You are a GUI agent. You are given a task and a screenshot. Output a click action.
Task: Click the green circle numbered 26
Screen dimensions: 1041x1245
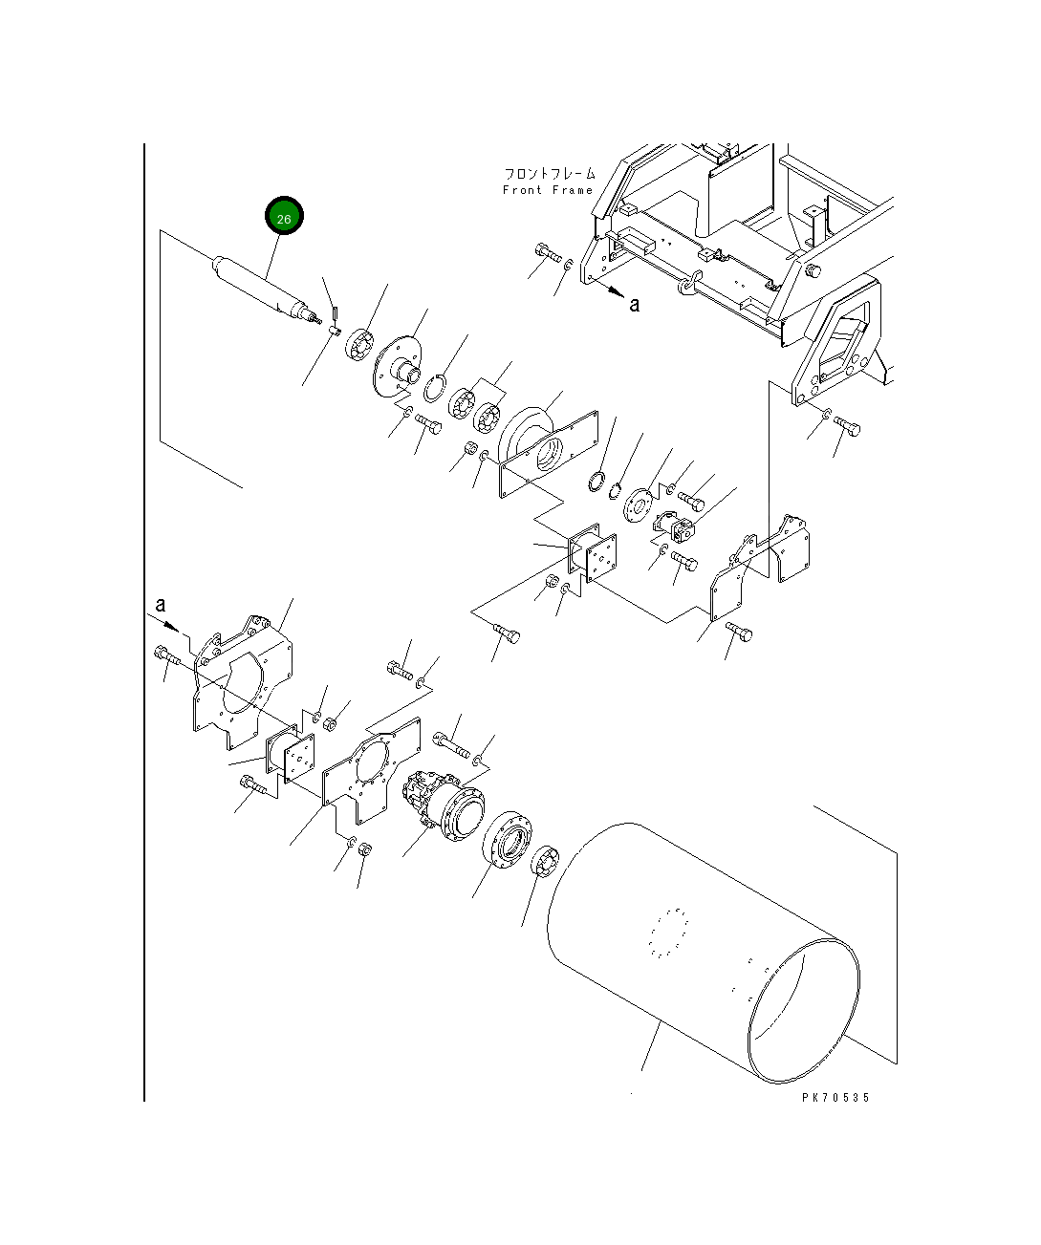click(x=284, y=215)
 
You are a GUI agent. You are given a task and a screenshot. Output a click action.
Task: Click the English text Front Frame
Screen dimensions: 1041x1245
click(x=548, y=190)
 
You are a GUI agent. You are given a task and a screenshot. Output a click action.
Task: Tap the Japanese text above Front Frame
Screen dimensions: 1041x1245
click(x=550, y=174)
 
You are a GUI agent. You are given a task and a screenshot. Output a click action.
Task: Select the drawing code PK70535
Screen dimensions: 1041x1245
click(x=835, y=1097)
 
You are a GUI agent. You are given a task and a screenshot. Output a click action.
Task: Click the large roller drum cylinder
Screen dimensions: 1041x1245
click(x=704, y=953)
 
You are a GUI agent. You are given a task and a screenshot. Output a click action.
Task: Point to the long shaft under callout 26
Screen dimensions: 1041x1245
click(x=264, y=290)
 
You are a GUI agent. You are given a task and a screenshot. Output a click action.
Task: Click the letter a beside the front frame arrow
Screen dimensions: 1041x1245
click(x=635, y=305)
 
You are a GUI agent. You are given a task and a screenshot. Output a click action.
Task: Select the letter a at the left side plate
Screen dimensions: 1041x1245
click(x=160, y=605)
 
